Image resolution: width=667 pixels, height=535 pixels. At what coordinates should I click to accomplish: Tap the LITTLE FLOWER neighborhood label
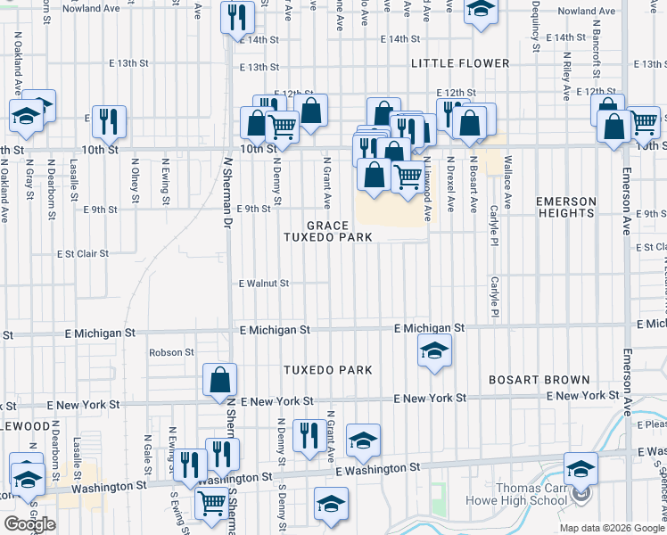click(x=460, y=64)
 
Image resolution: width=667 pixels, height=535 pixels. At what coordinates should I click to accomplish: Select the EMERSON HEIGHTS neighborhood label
click(x=565, y=208)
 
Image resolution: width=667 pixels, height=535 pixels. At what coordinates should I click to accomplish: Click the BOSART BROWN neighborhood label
click(x=539, y=380)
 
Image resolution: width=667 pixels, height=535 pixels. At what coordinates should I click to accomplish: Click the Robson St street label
click(x=171, y=353)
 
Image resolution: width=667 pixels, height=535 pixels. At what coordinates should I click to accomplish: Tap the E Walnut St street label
click(x=263, y=284)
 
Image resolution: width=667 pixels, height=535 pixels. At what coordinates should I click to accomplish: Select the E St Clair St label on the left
click(x=82, y=253)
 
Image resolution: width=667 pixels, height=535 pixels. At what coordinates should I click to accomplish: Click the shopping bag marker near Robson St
click(x=219, y=381)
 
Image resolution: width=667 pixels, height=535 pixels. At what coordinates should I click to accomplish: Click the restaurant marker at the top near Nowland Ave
click(x=237, y=17)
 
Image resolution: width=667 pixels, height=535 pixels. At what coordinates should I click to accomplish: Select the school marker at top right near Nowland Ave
click(x=481, y=11)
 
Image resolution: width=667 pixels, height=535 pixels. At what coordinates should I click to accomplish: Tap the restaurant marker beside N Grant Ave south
click(x=309, y=436)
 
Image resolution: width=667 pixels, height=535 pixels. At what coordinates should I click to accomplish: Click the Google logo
click(x=29, y=523)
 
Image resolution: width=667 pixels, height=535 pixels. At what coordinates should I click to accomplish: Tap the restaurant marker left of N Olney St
click(x=109, y=121)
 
